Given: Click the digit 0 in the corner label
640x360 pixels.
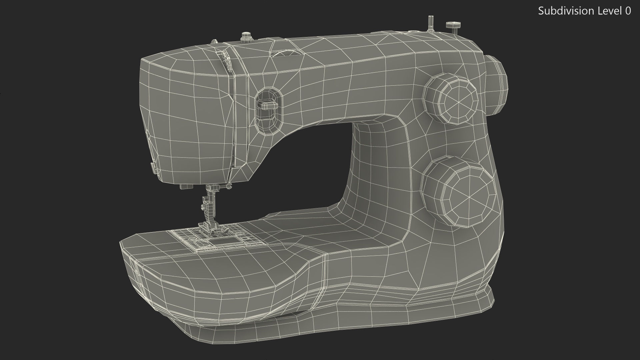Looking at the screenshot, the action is pos(628,11).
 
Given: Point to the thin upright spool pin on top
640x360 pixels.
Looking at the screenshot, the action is pos(431,23).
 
